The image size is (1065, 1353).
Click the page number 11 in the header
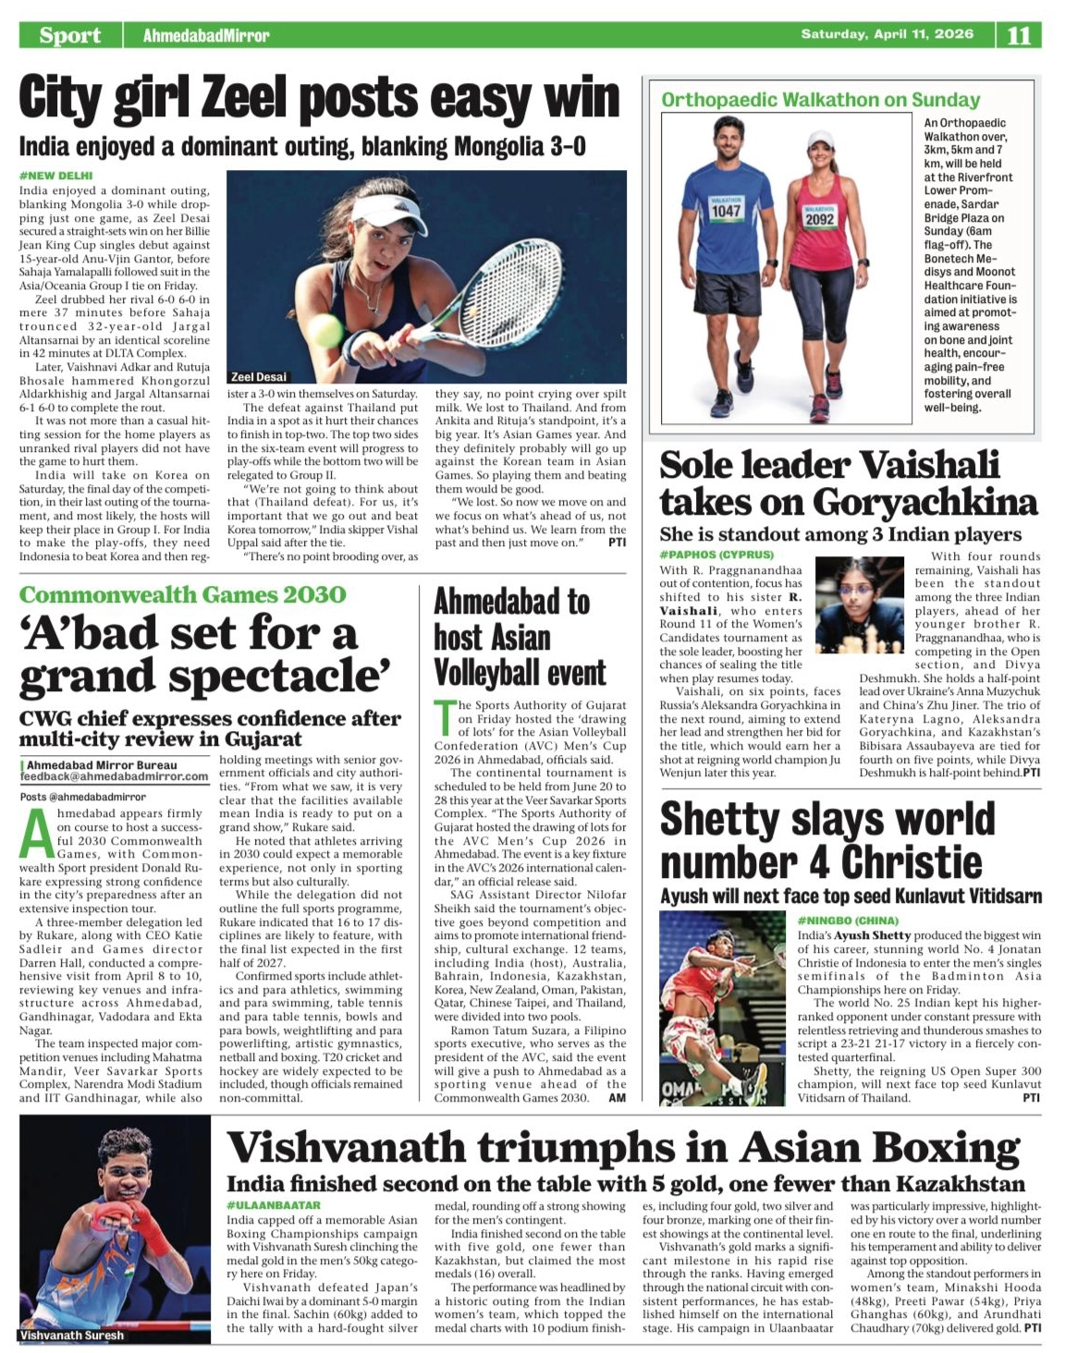[1019, 35]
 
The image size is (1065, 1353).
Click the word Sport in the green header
[69, 35]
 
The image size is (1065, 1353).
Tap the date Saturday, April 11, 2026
[887, 34]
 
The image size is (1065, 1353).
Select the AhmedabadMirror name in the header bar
[206, 35]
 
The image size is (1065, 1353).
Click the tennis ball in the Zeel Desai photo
[325, 329]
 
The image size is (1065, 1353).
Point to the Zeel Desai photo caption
[258, 377]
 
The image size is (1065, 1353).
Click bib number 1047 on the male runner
[726, 211]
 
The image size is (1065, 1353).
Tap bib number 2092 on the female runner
[819, 219]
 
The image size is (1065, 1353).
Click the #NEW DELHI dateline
[55, 176]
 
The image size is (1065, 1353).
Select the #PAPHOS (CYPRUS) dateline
[716, 555]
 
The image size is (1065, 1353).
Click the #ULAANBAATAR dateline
[274, 1205]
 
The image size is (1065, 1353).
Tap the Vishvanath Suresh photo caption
[71, 1335]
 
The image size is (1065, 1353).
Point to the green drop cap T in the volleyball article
[445, 718]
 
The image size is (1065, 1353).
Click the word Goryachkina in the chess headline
[924, 502]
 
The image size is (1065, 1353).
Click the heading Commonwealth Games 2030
[182, 594]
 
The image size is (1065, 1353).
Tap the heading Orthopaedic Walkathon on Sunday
[820, 100]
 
